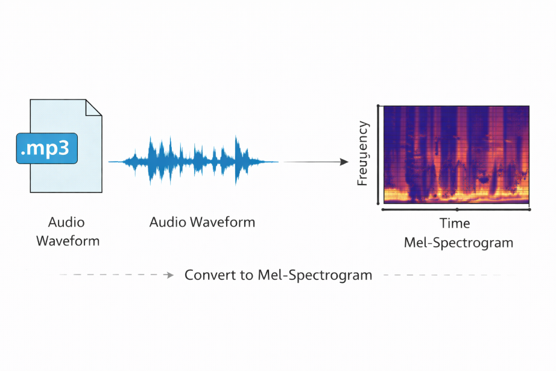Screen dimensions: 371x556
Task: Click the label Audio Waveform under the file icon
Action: (68, 232)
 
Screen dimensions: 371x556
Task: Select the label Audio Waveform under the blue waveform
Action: (202, 222)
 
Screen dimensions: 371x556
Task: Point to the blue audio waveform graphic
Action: (193, 161)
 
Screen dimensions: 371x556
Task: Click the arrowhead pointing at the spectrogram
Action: (345, 162)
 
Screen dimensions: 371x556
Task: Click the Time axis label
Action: (455, 223)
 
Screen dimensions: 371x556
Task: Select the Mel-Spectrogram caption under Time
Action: (458, 243)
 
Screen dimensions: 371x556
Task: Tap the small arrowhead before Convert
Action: (171, 275)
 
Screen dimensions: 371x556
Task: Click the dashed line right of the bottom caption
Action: (446, 275)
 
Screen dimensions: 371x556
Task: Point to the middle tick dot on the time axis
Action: (457, 209)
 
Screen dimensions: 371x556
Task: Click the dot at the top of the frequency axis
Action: (378, 106)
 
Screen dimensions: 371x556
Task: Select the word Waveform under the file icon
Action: (68, 241)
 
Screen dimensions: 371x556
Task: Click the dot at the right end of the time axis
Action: (529, 209)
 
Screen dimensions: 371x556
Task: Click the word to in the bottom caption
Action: (246, 275)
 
